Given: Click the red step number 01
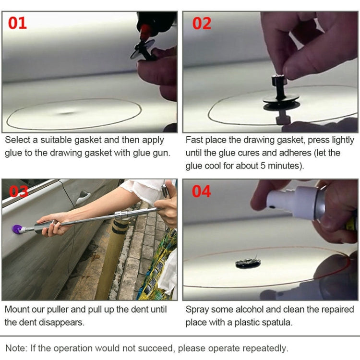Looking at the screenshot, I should click(17, 23).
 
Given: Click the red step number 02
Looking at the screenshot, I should click(202, 23).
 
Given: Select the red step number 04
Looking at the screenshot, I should click(202, 191).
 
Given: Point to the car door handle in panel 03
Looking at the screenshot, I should click(83, 196).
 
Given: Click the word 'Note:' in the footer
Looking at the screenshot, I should click(16, 348).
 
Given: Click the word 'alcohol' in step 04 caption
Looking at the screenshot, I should click(247, 310).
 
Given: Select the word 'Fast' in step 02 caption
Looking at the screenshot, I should click(194, 140).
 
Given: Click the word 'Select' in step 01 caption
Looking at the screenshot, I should click(17, 140).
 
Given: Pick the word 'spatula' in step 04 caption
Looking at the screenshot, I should click(276, 322).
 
